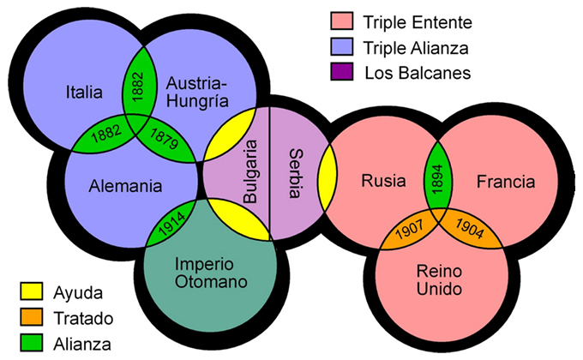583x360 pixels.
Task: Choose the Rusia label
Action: tap(377, 182)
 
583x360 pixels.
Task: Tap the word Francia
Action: tap(505, 182)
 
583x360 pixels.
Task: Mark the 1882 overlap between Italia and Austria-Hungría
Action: tap(137, 84)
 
